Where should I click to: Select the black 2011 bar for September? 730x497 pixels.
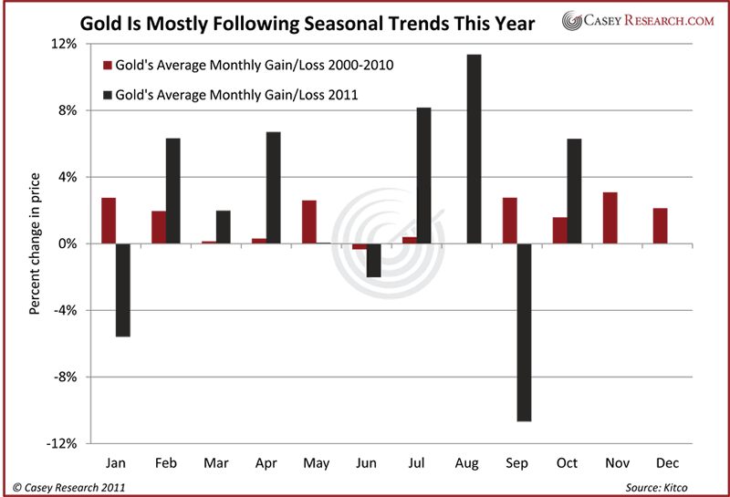click(x=524, y=332)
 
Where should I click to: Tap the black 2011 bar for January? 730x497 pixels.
click(x=122, y=290)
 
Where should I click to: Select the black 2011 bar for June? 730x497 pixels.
click(x=373, y=260)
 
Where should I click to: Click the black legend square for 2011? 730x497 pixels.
click(x=108, y=93)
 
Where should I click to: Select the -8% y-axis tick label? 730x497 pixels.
click(x=72, y=377)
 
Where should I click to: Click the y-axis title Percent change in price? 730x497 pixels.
click(x=34, y=244)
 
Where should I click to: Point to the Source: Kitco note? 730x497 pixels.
click(x=671, y=488)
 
